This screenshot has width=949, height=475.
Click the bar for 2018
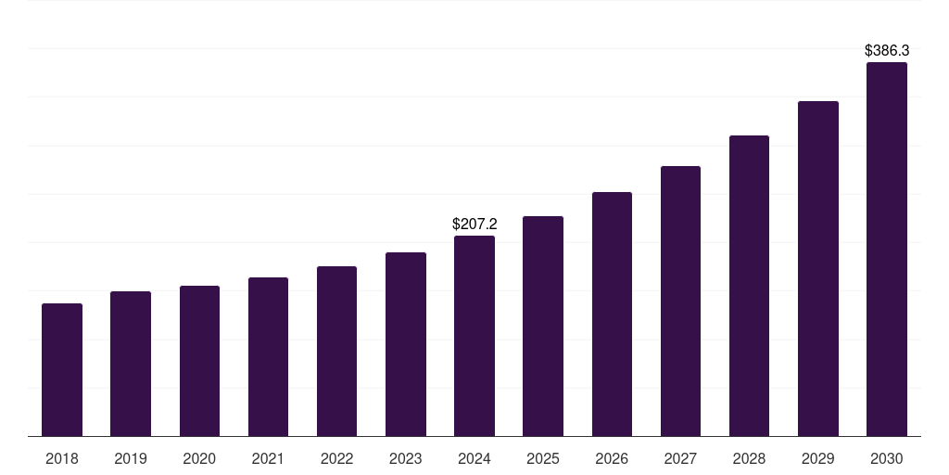point(62,369)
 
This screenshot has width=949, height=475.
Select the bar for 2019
point(131,364)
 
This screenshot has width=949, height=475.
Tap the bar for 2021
point(268,356)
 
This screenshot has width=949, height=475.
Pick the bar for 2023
point(406,344)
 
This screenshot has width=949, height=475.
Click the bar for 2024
point(474,336)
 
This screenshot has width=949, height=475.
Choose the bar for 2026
point(612,314)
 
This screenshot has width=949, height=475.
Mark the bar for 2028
point(749,286)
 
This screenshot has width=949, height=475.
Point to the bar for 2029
point(818,268)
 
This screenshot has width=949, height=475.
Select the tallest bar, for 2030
point(887,249)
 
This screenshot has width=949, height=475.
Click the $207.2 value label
point(474,224)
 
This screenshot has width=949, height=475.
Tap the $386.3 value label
point(887,50)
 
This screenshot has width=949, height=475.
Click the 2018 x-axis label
point(62,458)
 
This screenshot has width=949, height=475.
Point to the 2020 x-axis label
point(199,458)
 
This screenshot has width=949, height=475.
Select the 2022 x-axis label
point(337,458)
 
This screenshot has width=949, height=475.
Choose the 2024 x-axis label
point(474,458)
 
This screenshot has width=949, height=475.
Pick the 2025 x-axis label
point(543,458)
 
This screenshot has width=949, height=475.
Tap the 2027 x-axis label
point(680,458)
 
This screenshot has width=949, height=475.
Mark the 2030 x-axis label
point(887,458)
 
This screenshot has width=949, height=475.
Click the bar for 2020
point(199,361)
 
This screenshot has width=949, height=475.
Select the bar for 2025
point(543,326)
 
